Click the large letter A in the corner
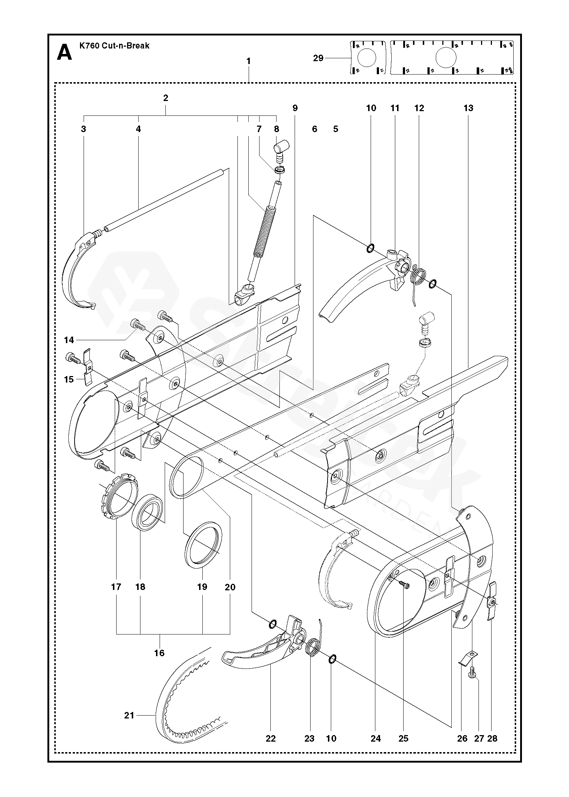point(64,52)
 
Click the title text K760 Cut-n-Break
point(114,46)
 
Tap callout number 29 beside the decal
point(318,58)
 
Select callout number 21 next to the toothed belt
point(129,715)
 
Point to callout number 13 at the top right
point(468,108)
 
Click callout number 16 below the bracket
point(159,653)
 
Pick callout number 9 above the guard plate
point(295,108)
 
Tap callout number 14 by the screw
point(69,340)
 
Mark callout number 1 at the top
point(248,62)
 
